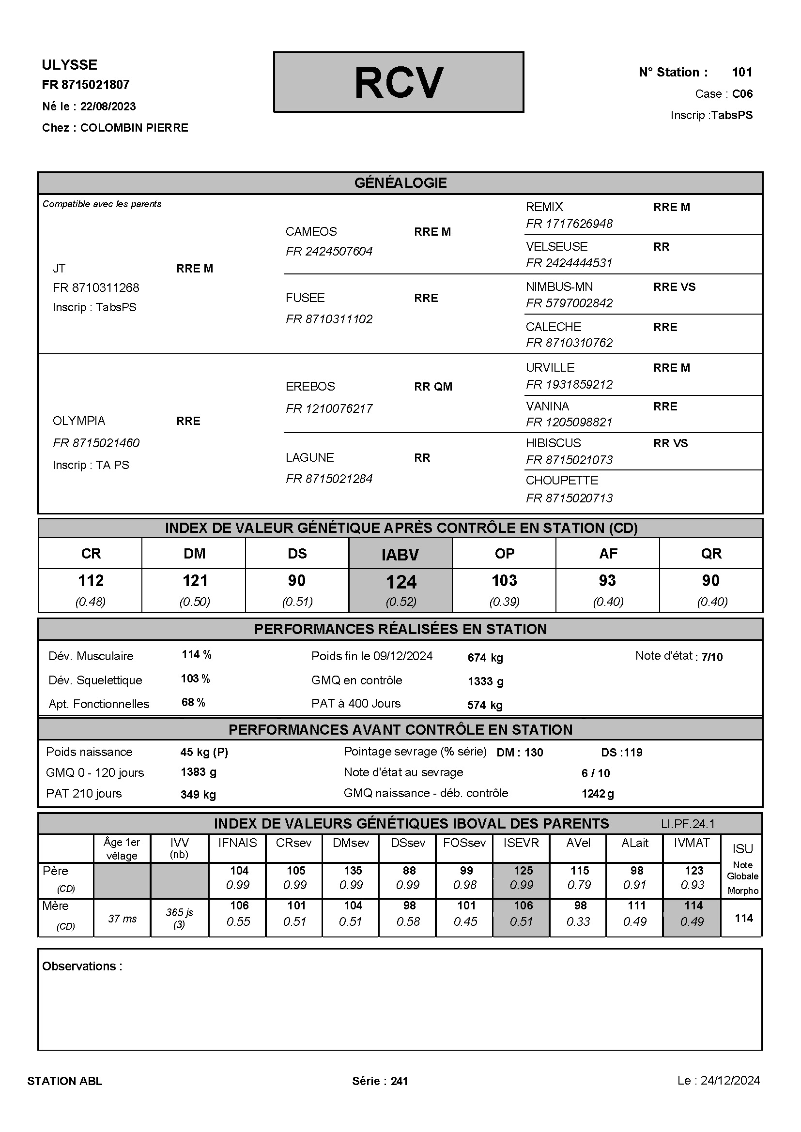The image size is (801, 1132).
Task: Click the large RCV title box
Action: point(399,82)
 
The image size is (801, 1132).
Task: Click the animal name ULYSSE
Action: point(70,64)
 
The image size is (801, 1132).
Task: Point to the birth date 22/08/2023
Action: point(108,106)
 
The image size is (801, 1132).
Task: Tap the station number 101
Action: point(742,72)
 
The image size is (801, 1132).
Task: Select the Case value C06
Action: point(742,94)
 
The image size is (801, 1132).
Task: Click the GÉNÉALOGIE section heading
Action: point(400,183)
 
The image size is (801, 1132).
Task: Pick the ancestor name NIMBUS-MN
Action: point(559,287)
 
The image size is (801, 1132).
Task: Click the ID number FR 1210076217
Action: point(329,408)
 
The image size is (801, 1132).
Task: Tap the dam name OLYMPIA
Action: point(79,421)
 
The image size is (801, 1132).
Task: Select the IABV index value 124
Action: point(401,582)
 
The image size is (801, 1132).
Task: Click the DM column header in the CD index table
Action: point(194,553)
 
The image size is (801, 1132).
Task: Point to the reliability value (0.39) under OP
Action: point(504,602)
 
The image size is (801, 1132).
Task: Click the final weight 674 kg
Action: point(485,657)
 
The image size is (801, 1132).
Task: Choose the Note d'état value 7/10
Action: point(712,657)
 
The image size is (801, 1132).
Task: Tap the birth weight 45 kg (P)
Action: point(204,752)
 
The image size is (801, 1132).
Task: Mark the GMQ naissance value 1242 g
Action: point(598,793)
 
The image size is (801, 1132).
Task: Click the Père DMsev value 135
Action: point(353,870)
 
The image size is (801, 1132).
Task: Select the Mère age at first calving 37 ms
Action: point(123,918)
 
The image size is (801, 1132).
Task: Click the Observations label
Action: point(82,966)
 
